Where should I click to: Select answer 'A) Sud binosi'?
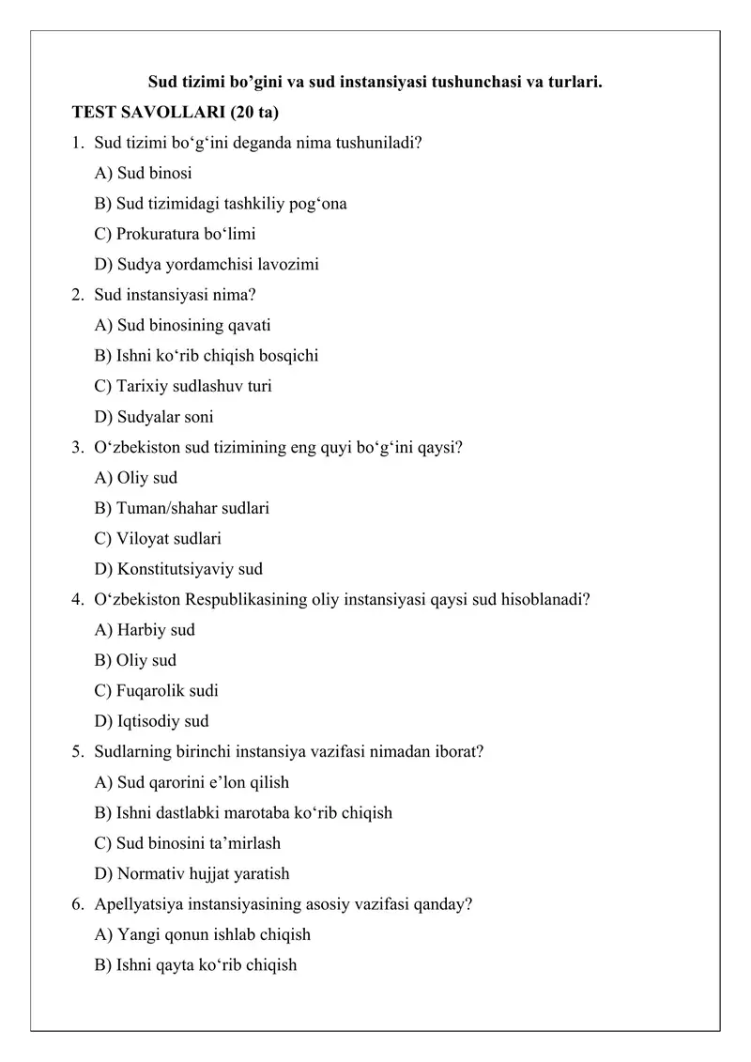tap(145, 173)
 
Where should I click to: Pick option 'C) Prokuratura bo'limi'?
tap(175, 234)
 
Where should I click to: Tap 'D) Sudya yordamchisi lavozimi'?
tap(207, 264)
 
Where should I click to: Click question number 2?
tap(76, 295)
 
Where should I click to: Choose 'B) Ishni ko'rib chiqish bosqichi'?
tap(207, 356)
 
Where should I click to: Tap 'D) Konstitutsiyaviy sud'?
tap(178, 569)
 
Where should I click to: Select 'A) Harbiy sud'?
tap(145, 630)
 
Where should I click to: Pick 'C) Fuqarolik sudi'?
tap(157, 691)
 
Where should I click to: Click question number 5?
tap(76, 752)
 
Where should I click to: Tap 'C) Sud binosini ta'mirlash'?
tap(188, 843)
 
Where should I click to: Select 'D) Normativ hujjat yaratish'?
tap(192, 874)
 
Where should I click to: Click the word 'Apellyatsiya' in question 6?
tap(136, 904)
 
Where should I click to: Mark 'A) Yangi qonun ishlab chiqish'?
tap(203, 935)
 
